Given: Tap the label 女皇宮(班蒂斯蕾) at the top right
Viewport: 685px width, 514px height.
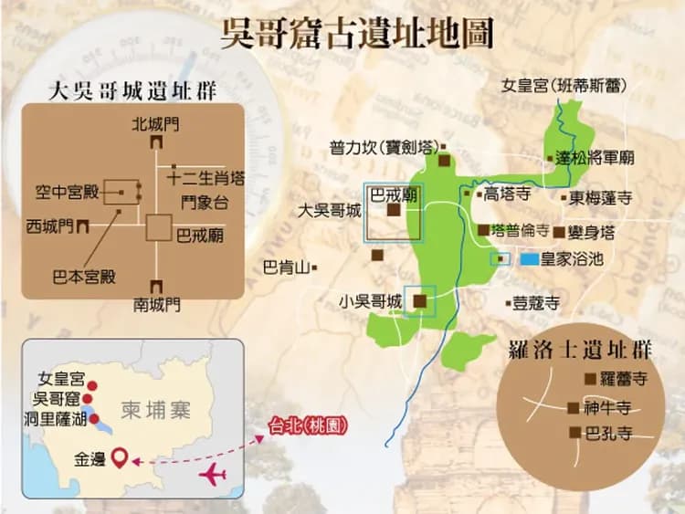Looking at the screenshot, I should [x=564, y=87].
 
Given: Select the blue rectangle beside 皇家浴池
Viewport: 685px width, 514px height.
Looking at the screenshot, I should [x=530, y=259].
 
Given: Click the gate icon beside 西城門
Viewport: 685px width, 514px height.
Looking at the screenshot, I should [x=84, y=225].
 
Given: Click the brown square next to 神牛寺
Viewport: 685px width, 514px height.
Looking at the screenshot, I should [x=573, y=408].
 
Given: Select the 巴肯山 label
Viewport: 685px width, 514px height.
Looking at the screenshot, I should [x=284, y=268].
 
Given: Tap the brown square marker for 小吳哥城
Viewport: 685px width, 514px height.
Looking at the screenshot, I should [x=419, y=299].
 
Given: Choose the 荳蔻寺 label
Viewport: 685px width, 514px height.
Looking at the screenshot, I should [x=536, y=303].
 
